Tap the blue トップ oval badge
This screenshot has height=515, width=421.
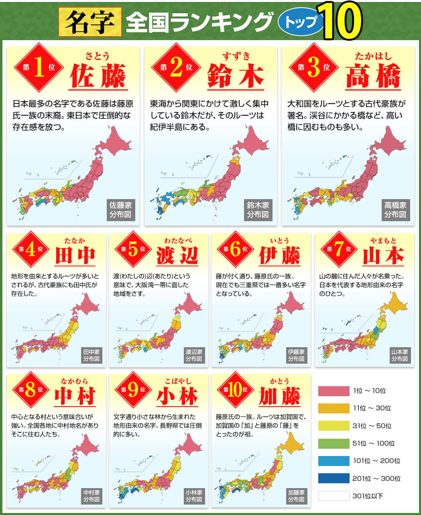[301, 22]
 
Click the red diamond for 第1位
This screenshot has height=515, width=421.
[39, 67]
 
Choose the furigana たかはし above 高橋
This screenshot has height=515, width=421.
[373, 56]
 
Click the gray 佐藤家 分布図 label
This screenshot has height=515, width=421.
[120, 210]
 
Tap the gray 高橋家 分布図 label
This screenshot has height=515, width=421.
[395, 210]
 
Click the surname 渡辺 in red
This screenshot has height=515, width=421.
[177, 256]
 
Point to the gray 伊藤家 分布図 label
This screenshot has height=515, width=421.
[296, 355]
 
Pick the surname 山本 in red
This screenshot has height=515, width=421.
[383, 256]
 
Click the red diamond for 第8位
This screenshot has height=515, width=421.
[31, 390]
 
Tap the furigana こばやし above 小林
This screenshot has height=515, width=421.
[177, 381]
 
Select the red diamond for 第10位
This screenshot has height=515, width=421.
[235, 390]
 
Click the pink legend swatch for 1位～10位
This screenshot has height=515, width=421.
[334, 391]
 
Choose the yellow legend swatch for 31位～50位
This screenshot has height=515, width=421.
[334, 426]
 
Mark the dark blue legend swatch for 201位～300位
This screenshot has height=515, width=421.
[334, 478]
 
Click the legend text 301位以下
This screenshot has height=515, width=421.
[368, 496]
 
